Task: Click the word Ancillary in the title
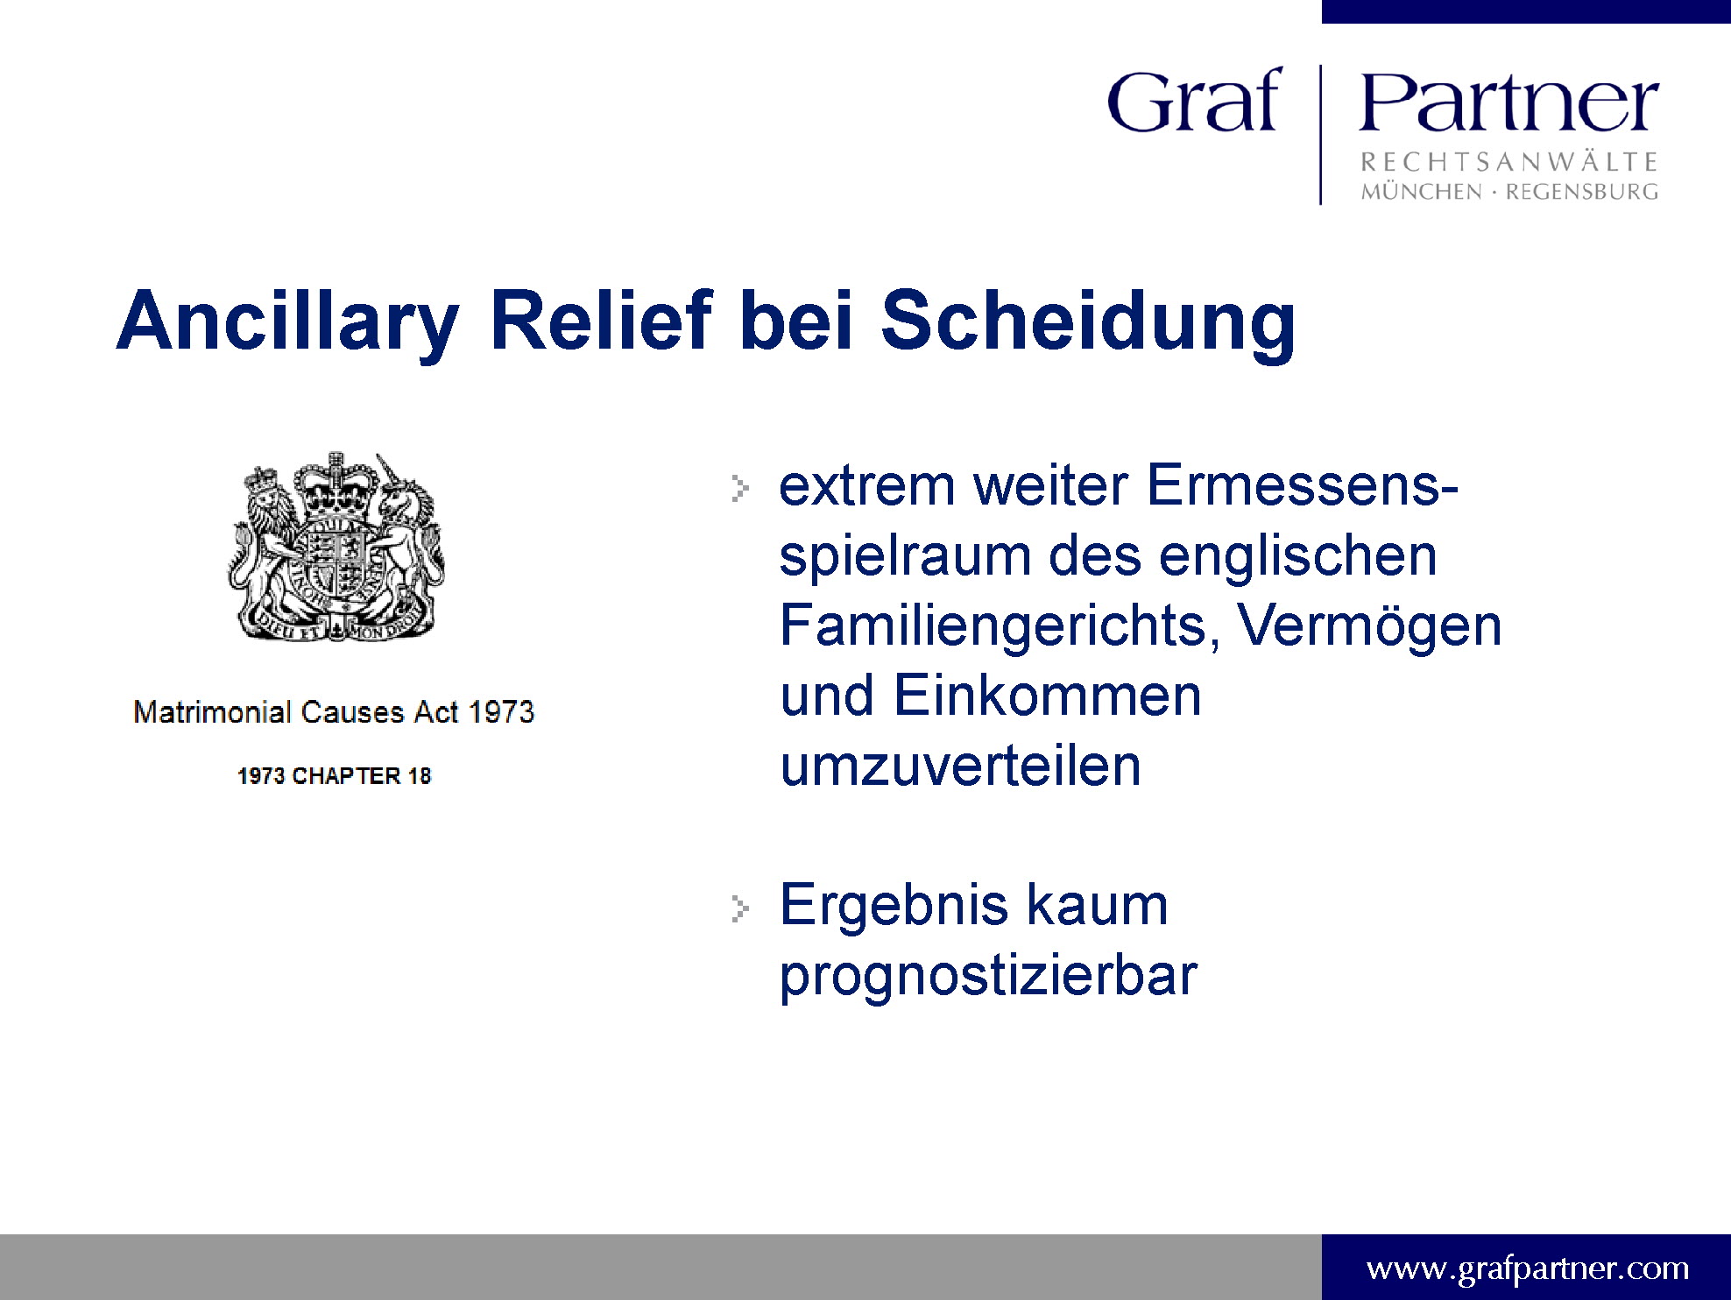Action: coord(288,321)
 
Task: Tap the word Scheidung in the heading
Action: coord(1088,321)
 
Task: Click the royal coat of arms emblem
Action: coord(336,548)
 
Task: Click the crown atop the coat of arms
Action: coord(336,484)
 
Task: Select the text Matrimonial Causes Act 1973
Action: coord(334,711)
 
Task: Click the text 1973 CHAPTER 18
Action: coord(334,775)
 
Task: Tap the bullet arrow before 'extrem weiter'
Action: coord(740,488)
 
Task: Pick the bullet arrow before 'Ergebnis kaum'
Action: coord(740,908)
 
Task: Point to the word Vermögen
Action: coord(1370,628)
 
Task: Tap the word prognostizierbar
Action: coord(988,977)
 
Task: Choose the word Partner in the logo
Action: coord(1508,102)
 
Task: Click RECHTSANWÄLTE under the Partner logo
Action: coord(1508,162)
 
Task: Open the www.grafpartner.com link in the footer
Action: coord(1528,1268)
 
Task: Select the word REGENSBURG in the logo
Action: coord(1582,192)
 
